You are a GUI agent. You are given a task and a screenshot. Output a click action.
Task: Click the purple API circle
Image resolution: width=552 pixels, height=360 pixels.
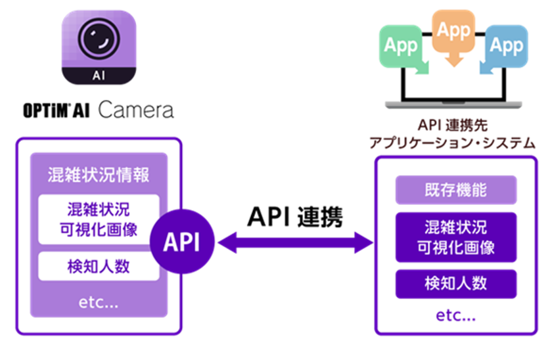click(x=182, y=241)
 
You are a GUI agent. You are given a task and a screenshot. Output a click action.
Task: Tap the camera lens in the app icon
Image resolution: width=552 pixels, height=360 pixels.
click(x=99, y=38)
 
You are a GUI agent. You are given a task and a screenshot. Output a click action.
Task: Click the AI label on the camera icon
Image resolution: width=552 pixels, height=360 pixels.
click(x=99, y=76)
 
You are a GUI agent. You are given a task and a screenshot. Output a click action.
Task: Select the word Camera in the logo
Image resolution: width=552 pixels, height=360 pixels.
click(x=136, y=110)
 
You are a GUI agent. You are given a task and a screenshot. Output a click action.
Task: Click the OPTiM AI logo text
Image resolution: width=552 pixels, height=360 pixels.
click(x=57, y=110)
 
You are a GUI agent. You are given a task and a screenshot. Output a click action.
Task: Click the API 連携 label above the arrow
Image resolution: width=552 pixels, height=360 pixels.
click(x=295, y=217)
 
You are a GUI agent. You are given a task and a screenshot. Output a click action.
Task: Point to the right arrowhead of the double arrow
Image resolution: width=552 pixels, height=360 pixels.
click(x=363, y=242)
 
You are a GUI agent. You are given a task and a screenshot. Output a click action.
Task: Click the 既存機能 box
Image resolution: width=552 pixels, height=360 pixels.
click(x=456, y=190)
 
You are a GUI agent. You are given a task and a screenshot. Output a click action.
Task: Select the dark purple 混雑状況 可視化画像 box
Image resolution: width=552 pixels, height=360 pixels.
click(x=456, y=237)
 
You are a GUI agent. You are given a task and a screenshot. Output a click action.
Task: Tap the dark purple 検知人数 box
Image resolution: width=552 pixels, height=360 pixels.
click(x=456, y=284)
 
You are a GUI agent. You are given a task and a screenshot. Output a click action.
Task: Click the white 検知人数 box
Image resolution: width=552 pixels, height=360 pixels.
click(x=99, y=266)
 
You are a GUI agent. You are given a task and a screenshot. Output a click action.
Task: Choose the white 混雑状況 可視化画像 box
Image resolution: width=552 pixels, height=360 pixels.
click(x=99, y=219)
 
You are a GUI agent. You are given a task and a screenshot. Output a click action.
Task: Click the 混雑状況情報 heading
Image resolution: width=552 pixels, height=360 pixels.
click(x=99, y=175)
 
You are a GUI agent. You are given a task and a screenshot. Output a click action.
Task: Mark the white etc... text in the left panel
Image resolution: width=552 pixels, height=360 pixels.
click(x=99, y=302)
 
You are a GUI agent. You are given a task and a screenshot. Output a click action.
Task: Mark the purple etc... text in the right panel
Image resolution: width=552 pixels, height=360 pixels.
click(x=456, y=315)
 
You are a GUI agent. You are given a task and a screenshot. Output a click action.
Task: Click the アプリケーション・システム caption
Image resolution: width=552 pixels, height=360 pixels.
click(x=452, y=143)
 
